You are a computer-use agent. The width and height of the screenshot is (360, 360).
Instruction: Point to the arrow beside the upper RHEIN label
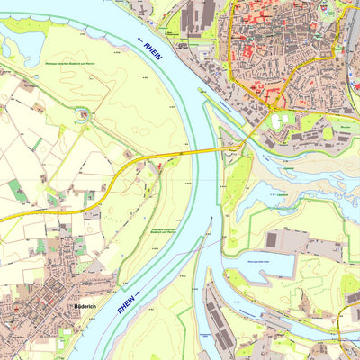[x=143, y=40]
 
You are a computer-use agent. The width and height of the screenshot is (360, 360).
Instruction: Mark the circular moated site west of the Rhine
[x=84, y=113]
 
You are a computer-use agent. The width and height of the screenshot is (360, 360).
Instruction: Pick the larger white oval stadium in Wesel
[x=285, y=119]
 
